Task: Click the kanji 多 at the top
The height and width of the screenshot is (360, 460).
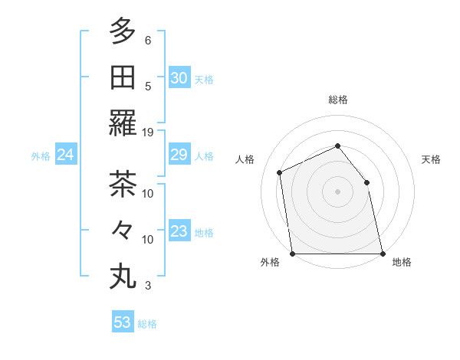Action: coord(123,32)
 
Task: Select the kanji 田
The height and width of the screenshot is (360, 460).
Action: coord(123,77)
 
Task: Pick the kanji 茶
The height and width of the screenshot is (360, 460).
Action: coord(123,184)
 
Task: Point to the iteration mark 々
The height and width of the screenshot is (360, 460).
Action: coord(123,229)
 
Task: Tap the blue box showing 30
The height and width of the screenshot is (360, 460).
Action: coord(179,78)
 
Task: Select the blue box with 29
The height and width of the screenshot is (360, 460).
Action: coord(179,155)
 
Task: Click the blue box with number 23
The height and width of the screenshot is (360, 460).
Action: coord(179,232)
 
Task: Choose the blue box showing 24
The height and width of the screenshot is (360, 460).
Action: coord(66,155)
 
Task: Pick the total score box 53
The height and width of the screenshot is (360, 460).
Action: coord(123,322)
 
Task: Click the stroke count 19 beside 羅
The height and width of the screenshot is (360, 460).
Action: coord(148,132)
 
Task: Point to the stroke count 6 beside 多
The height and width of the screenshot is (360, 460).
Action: coord(148,40)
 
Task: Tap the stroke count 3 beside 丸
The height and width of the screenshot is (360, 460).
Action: coord(148,286)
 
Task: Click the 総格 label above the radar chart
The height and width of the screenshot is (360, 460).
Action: coord(338,100)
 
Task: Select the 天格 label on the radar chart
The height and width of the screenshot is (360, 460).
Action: coord(432,159)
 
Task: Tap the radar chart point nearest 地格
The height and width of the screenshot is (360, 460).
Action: coord(382,254)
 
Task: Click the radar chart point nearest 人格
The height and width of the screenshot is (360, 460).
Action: coord(280,172)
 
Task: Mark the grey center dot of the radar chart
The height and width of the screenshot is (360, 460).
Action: coord(337,191)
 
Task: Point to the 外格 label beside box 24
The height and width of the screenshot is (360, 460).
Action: coord(41,156)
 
